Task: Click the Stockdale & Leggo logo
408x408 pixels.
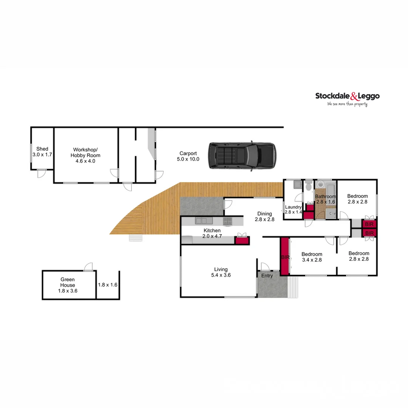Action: coord(347,96)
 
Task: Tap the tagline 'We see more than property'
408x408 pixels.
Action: coord(347,104)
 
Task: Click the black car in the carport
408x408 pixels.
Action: coord(242,155)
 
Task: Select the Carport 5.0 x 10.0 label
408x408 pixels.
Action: coord(188,156)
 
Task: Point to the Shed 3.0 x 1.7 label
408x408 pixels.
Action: coord(42,152)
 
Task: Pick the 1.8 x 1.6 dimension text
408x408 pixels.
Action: coord(108,285)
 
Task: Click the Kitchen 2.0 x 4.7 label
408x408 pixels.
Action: coord(212,233)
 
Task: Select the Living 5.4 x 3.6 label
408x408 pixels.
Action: coord(221,272)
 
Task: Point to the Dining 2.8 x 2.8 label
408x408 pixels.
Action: coord(264,216)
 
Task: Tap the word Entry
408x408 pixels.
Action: coord(267,276)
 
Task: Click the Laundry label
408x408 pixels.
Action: coord(293,209)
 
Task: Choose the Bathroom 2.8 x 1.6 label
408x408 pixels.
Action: coord(326,199)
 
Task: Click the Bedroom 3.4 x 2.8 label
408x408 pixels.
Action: coord(312,257)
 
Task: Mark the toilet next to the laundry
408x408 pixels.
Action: coord(309,186)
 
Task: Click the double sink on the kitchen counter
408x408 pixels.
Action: coord(201,221)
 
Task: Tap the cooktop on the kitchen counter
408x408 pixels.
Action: coord(227,221)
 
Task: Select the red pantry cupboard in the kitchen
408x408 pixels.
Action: coord(241,240)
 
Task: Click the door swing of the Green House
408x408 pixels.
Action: coord(88,267)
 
